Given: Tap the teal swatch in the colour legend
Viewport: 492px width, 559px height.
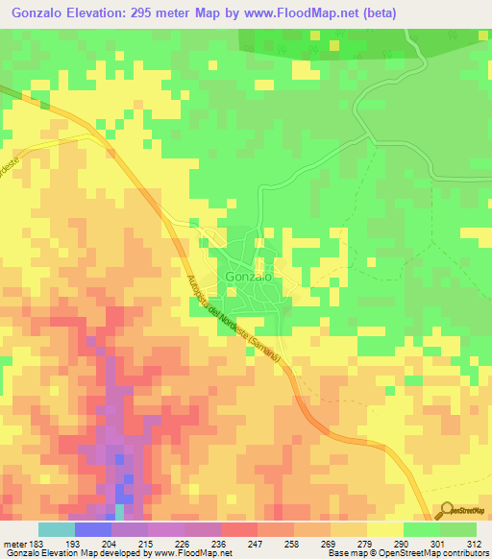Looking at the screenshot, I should (x=57, y=529).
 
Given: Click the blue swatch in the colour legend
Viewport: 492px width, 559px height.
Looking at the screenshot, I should (x=93, y=529).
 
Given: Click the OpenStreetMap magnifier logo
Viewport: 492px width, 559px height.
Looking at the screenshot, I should (x=444, y=512).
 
